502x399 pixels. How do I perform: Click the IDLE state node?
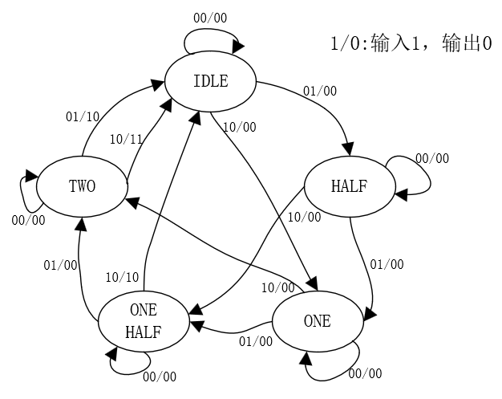[x=210, y=81]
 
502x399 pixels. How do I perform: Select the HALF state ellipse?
[x=349, y=185]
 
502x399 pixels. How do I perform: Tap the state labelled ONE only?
[x=317, y=322]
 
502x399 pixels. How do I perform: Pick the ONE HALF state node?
[x=144, y=322]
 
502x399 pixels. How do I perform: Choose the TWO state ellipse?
[x=82, y=186]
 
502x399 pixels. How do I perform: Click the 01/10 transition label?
[x=82, y=116]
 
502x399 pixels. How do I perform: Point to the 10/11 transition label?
[x=125, y=139]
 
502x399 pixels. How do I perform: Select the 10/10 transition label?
[x=122, y=277]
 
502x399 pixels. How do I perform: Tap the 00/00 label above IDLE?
[x=210, y=17]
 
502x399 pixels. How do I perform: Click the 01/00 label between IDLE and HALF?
[x=319, y=90]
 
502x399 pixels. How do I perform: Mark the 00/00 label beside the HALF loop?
[x=432, y=158]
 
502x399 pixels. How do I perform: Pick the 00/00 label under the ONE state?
[x=365, y=373]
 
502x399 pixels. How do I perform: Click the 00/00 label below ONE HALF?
[x=159, y=376]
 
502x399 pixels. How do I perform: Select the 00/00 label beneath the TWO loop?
[x=29, y=220]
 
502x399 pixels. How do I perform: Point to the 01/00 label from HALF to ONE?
[x=387, y=263]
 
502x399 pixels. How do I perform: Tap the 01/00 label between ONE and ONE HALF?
[x=256, y=341]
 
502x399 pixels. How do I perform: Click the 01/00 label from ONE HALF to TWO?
[x=60, y=264]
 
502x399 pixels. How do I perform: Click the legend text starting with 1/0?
[x=410, y=45]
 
